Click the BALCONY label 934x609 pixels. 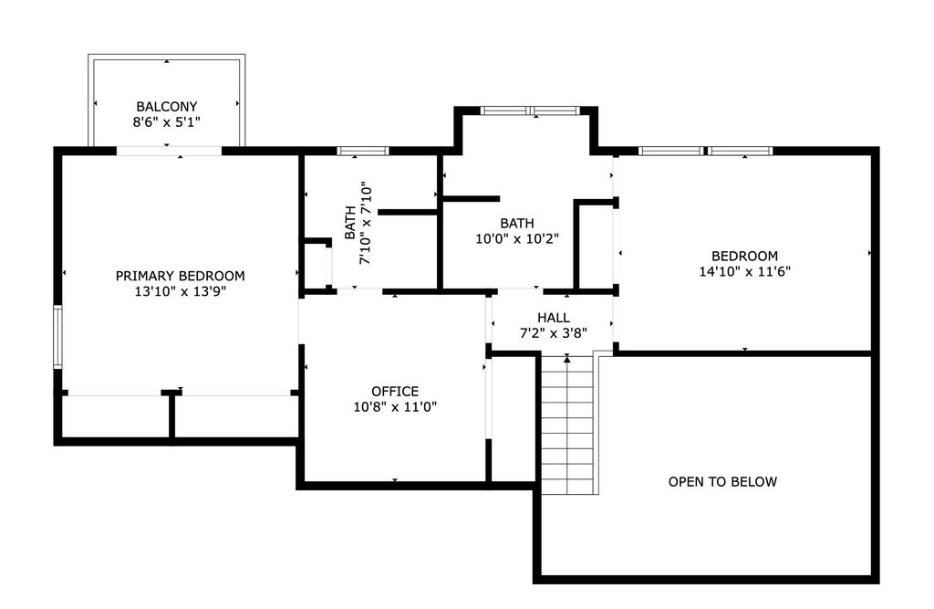(166, 107)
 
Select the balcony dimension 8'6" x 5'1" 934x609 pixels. (166, 122)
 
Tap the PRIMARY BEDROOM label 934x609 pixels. (180, 276)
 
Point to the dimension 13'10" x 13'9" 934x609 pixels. (180, 291)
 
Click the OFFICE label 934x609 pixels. (395, 392)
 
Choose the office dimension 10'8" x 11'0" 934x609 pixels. (395, 407)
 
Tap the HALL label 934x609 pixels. (554, 318)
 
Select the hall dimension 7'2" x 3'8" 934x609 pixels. (554, 333)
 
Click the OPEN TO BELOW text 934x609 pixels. (722, 481)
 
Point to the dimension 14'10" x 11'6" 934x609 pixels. (744, 271)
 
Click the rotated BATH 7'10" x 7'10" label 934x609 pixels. (358, 223)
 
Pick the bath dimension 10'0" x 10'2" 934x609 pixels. (517, 238)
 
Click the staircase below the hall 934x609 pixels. (567, 424)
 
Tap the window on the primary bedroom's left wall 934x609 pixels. (57, 336)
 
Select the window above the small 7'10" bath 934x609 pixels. (363, 151)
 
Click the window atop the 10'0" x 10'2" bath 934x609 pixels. (530, 110)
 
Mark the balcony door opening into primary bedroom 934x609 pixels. (169, 151)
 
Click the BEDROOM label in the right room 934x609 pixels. (744, 256)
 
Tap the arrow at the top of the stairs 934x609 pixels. (567, 358)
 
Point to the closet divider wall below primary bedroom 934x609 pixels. (171, 415)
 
